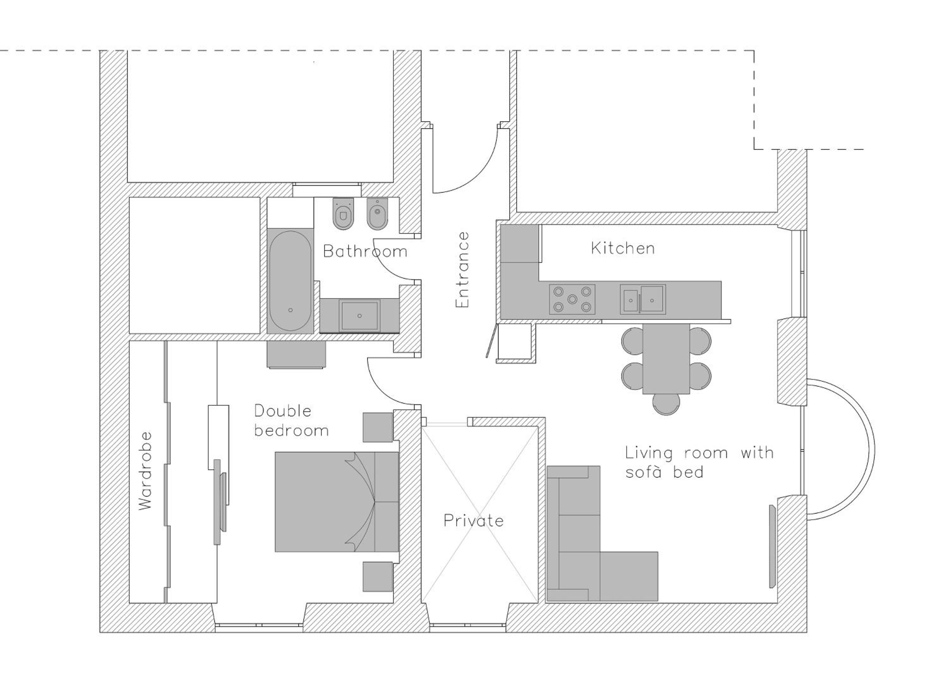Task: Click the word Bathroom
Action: tap(365, 251)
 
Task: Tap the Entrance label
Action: tap(462, 270)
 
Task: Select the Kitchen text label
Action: tap(623, 248)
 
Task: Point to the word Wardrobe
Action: tap(145, 471)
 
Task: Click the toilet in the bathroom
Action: tap(343, 213)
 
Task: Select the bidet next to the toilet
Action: tap(377, 213)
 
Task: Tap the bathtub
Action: tap(290, 281)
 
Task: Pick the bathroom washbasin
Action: tap(360, 316)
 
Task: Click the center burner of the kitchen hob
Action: tap(572, 299)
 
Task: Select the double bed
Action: tap(337, 502)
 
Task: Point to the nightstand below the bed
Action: tap(377, 577)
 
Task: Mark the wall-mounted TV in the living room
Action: tap(772, 546)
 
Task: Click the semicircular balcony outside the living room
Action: tap(874, 449)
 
